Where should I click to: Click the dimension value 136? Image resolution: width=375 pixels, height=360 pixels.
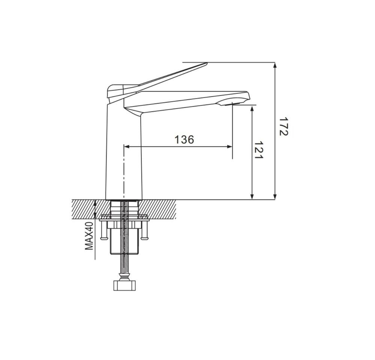pos(184,140)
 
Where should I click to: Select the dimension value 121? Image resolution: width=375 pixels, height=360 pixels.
pos(258,150)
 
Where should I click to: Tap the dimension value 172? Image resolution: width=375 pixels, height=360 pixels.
pos(283,127)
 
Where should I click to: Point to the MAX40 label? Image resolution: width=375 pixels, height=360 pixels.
pos(89,236)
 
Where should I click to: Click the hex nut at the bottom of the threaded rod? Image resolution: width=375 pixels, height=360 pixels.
pos(124,286)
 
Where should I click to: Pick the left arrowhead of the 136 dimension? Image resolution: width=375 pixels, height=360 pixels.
pos(127,147)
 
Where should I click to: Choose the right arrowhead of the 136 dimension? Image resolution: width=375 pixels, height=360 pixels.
pos(229,147)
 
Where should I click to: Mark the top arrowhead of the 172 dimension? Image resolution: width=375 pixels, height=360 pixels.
pos(275,65)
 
